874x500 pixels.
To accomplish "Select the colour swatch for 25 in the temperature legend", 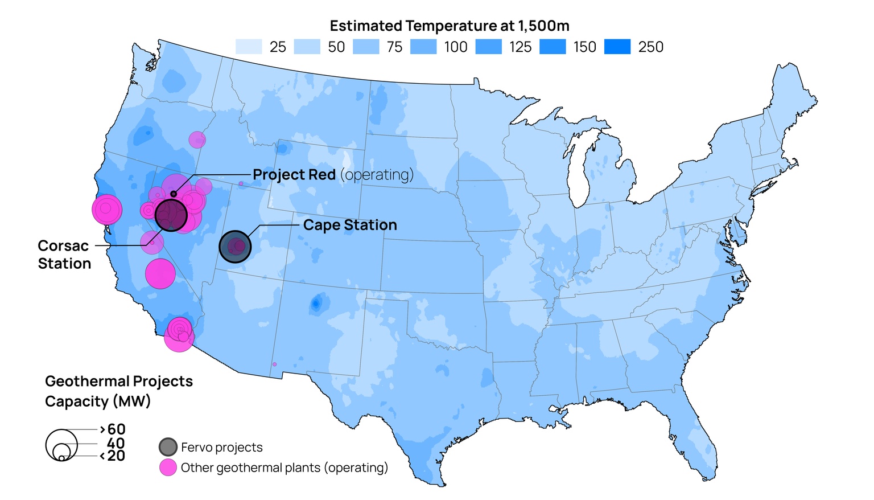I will [249, 47].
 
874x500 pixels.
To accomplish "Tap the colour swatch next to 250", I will [617, 47].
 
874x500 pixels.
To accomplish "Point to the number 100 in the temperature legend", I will [456, 47].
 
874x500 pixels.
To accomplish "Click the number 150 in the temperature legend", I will [584, 47].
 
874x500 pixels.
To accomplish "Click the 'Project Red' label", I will [294, 175].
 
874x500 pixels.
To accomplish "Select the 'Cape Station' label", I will [350, 225].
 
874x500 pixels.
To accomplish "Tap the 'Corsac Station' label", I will [64, 255].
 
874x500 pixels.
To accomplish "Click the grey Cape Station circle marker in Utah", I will [235, 247].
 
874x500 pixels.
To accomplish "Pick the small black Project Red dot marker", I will [174, 194].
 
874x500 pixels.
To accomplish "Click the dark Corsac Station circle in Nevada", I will [171, 215].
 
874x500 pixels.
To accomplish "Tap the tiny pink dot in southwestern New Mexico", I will [274, 364].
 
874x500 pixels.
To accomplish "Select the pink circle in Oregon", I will [197, 140].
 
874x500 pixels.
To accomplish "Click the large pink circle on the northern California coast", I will [107, 210].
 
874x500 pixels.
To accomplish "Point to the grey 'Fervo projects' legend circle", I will [168, 447].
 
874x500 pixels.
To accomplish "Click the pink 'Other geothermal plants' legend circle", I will [168, 468].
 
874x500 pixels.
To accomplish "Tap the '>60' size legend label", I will [113, 429].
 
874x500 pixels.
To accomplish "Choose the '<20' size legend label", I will [113, 456].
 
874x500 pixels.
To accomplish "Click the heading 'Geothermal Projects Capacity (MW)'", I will [118, 391].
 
